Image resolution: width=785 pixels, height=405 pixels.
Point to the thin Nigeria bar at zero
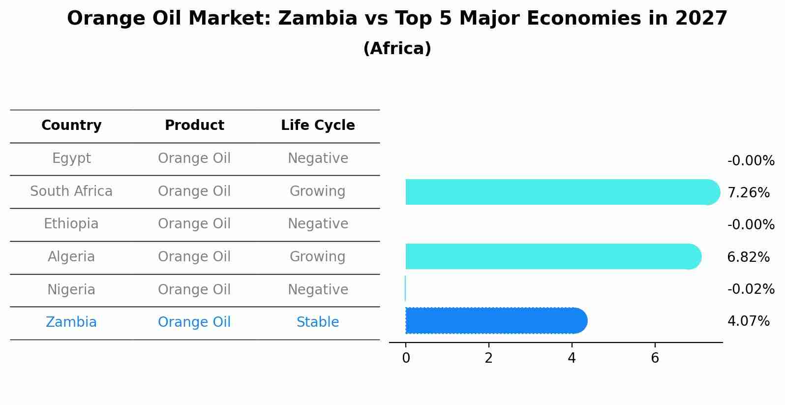[x=405, y=288]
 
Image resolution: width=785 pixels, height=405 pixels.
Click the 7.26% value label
[x=748, y=193]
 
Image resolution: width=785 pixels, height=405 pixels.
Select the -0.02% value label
[x=751, y=289]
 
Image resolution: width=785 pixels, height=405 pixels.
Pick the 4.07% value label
[x=748, y=321]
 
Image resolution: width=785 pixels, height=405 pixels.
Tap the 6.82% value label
[x=748, y=257]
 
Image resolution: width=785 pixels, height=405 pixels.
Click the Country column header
[x=71, y=125]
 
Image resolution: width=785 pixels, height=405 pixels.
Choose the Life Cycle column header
[x=318, y=125]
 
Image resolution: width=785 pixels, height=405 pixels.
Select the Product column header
[x=194, y=125]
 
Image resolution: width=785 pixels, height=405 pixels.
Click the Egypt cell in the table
[x=71, y=158]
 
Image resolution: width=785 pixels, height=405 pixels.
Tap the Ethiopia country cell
[x=71, y=224]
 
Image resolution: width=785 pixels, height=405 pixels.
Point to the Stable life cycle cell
[x=318, y=322]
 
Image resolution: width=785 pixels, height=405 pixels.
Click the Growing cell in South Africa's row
[x=318, y=191]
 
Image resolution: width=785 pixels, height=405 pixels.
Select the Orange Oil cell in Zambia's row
[x=194, y=322]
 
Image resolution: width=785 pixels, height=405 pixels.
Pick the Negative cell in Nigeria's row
[x=318, y=290]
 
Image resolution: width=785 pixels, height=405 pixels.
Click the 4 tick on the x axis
[x=572, y=358]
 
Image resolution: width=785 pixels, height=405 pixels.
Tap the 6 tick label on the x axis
[x=655, y=358]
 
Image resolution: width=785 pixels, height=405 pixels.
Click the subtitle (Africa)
[x=397, y=49]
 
